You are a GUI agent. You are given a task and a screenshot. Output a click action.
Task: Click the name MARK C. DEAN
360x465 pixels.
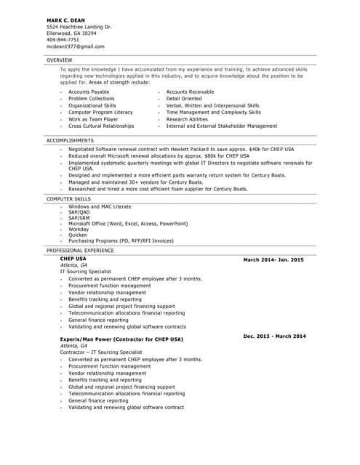[65, 20]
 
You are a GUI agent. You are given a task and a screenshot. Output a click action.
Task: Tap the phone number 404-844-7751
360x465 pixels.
[63, 39]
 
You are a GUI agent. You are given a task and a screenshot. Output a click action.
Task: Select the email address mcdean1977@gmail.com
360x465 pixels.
[73, 46]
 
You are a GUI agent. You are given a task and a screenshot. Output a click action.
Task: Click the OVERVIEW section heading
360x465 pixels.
[59, 59]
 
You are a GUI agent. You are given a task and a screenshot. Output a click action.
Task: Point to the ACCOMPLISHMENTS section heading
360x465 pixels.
[70, 139]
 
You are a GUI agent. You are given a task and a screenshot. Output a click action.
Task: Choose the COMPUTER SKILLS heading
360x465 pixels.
[68, 198]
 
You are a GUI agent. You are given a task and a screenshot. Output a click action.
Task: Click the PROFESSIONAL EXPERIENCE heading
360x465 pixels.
[80, 250]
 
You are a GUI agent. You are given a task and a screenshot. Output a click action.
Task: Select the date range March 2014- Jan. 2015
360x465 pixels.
[273, 259]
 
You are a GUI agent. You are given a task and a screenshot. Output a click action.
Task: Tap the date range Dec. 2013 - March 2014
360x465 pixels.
[274, 336]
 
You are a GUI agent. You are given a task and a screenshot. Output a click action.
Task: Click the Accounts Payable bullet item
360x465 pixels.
[89, 92]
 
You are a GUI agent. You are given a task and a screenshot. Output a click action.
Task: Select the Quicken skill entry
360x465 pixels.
[78, 235]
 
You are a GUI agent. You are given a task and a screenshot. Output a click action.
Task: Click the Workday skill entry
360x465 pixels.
[79, 229]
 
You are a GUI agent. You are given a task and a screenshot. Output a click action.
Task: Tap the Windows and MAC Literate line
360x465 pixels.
[100, 206]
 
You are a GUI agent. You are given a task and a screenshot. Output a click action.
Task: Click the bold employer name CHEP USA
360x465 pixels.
[73, 259]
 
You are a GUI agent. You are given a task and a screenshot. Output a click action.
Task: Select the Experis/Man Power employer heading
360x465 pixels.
[121, 339]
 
